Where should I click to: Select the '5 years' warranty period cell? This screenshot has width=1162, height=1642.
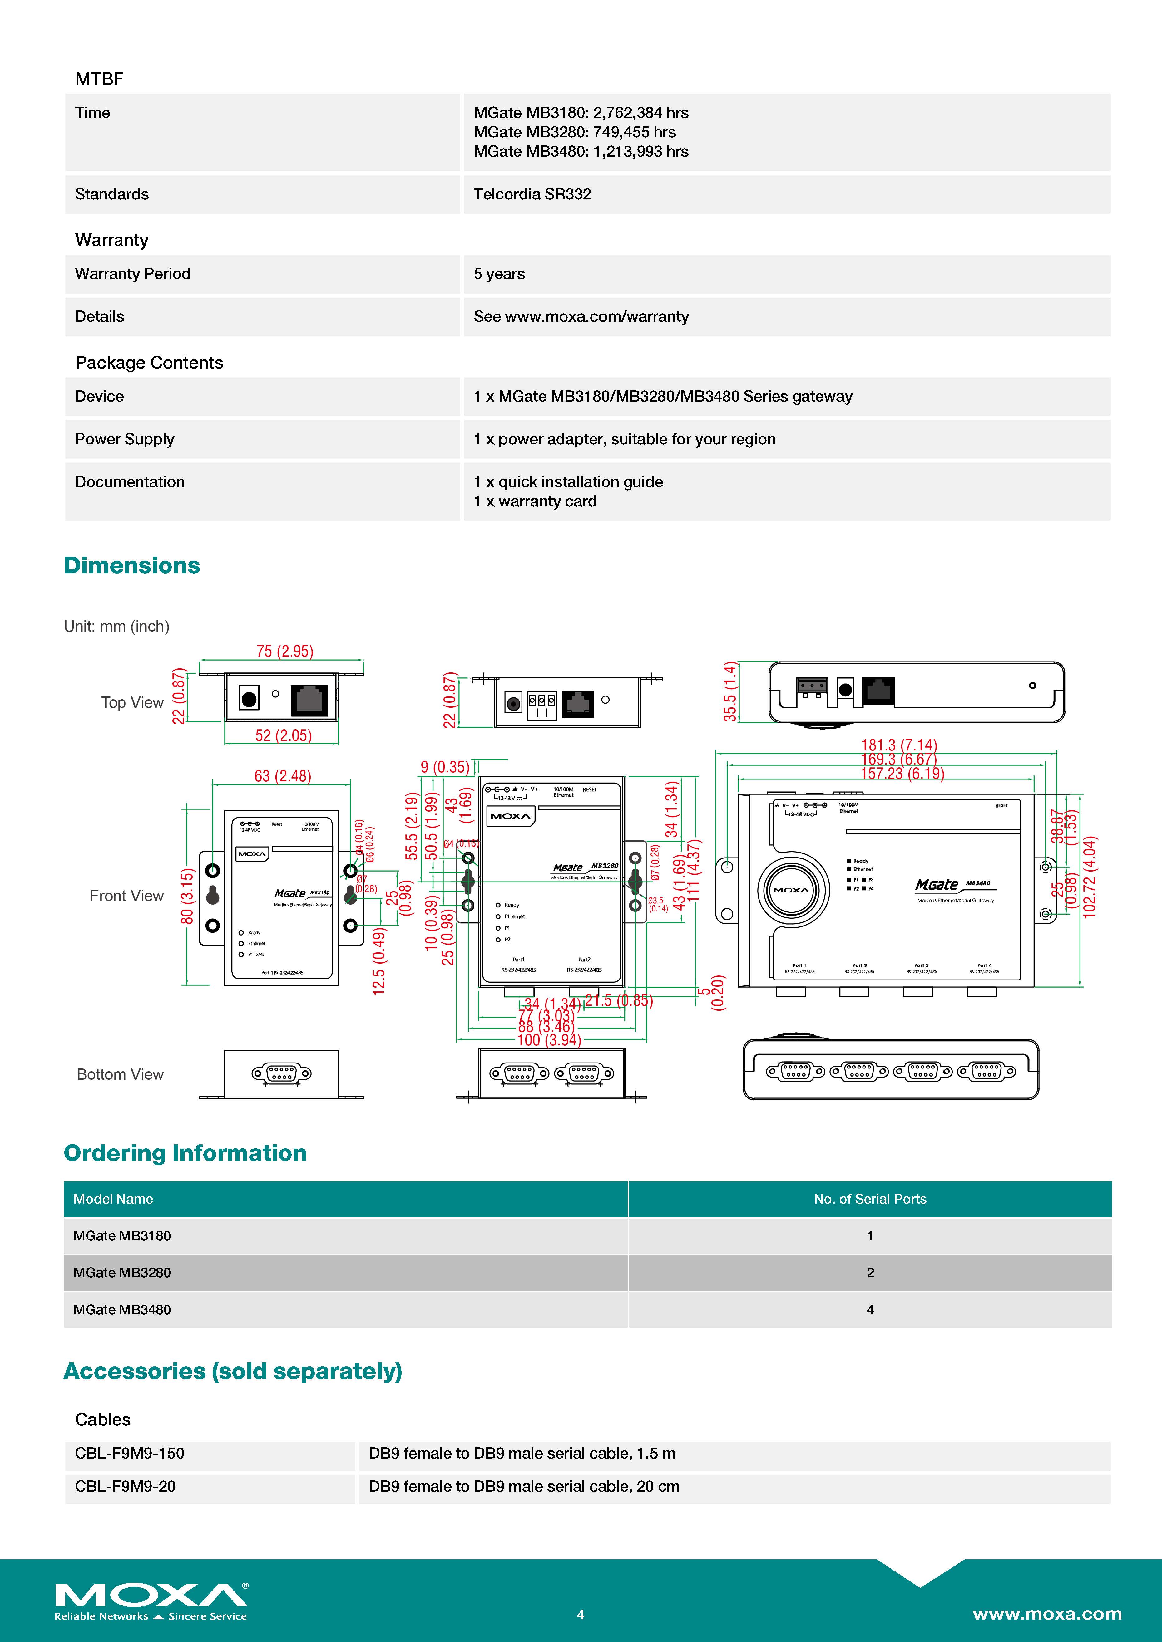pyautogui.click(x=499, y=274)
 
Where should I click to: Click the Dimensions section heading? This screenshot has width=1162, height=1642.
pyautogui.click(x=132, y=566)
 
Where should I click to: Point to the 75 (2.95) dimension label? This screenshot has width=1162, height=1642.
pyautogui.click(x=285, y=651)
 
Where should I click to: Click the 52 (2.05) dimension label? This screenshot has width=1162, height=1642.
pyautogui.click(x=283, y=735)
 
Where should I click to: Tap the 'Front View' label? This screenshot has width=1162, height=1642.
pyautogui.click(x=127, y=896)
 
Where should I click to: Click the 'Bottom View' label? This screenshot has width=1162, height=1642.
pyautogui.click(x=120, y=1074)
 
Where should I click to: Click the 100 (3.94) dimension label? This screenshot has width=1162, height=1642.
pyautogui.click(x=549, y=1040)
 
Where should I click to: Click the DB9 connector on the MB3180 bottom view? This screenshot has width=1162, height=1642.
pyautogui.click(x=281, y=1073)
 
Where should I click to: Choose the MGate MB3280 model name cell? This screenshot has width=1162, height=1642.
pyautogui.click(x=122, y=1272)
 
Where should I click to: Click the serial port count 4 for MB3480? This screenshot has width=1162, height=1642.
pyautogui.click(x=870, y=1309)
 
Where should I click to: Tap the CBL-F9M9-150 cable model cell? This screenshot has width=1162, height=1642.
pyautogui.click(x=130, y=1453)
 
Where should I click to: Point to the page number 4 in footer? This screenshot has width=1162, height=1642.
pyautogui.click(x=580, y=1614)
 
